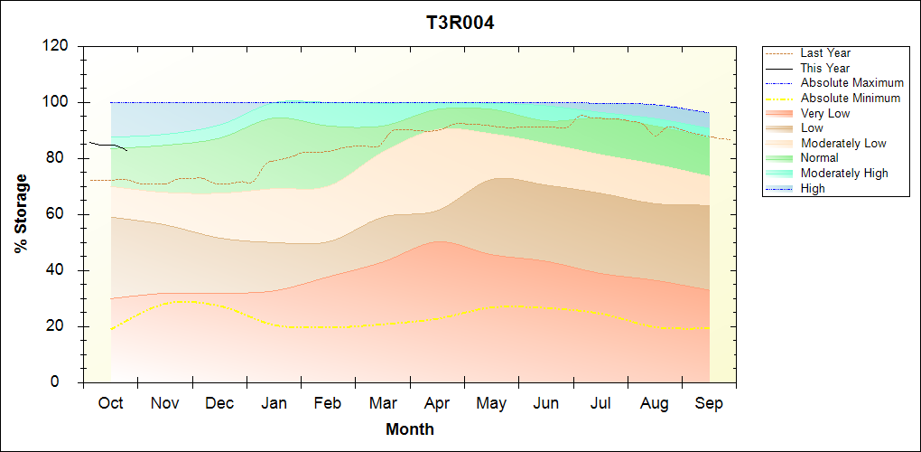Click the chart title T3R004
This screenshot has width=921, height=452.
460,23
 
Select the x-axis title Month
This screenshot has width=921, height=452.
409,429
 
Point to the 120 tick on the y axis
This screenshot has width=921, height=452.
59,46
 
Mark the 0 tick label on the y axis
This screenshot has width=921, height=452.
67,382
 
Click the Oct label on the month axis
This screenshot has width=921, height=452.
110,403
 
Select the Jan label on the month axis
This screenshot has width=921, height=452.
274,403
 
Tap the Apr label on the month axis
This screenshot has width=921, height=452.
437,403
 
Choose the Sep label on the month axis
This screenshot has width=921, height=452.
709,403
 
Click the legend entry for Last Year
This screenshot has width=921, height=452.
824,53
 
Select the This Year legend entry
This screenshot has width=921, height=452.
824,68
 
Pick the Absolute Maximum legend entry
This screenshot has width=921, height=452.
851,83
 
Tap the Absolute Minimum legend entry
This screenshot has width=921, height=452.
851,98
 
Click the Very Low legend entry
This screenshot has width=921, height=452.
824,113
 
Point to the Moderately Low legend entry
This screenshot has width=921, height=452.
843,143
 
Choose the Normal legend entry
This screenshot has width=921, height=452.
820,158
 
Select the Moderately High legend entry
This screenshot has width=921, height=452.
844,173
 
